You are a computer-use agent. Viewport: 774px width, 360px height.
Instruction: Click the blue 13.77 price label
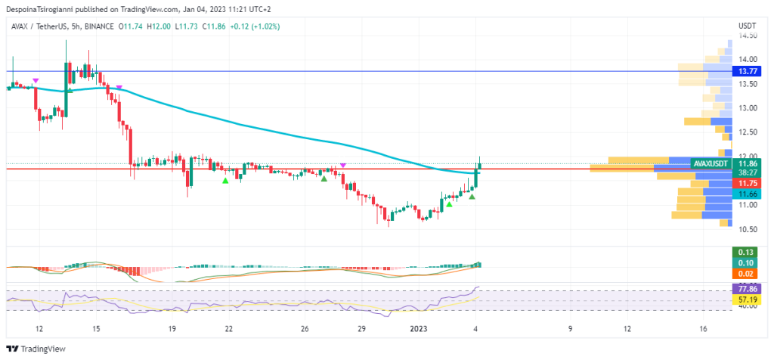click(748, 71)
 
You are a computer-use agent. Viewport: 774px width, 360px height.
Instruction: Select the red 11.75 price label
click(748, 183)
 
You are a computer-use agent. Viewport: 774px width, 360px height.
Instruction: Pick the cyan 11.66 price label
click(748, 194)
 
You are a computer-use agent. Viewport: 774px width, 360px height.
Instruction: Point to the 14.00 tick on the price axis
click(748, 59)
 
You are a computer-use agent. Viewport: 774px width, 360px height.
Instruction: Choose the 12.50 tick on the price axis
click(748, 132)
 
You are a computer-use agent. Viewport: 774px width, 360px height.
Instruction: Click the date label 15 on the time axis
click(96, 329)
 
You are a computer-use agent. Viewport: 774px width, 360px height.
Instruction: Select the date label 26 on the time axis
click(305, 329)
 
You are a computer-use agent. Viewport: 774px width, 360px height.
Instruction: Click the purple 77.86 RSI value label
click(748, 289)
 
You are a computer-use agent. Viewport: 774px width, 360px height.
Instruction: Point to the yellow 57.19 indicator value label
click(748, 299)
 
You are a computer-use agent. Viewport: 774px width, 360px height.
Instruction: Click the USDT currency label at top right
click(748, 26)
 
